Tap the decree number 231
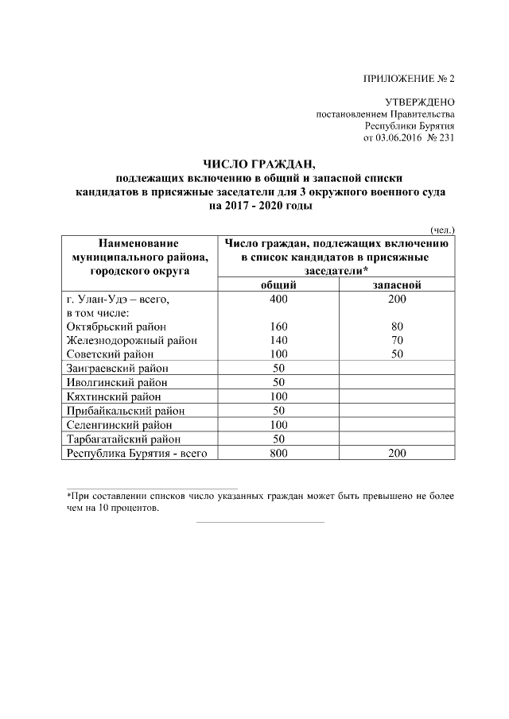(446, 137)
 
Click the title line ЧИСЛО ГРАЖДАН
(259, 164)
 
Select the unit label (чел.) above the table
(441, 229)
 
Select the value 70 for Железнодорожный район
(398, 340)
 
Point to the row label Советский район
(110, 354)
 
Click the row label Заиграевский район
(115, 368)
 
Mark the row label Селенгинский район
(117, 425)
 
